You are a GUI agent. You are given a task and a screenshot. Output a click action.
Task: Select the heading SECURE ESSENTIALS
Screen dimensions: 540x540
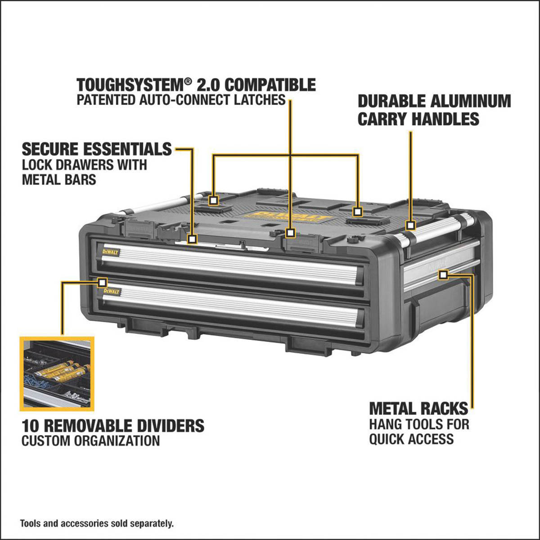point(97,149)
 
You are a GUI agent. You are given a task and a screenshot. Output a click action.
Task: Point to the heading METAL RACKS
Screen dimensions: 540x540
point(418,409)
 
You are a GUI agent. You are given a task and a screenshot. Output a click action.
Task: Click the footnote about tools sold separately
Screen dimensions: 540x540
point(96,523)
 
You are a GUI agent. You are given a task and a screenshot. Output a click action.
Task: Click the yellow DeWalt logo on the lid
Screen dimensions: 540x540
point(292,217)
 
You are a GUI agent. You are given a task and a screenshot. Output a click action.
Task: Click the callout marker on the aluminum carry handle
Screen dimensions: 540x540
point(410,225)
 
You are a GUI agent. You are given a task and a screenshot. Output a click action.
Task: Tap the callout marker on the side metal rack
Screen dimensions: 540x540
point(443,274)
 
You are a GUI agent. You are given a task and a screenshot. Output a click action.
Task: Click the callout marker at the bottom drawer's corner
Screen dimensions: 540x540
point(102,282)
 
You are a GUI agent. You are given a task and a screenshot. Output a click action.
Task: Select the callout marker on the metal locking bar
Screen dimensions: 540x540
point(193,238)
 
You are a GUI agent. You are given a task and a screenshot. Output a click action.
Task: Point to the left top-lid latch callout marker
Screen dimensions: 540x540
point(213,200)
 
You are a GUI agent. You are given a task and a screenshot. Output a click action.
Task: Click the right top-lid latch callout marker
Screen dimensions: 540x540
point(358,211)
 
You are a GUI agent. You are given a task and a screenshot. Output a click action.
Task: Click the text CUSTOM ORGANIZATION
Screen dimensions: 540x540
point(90,441)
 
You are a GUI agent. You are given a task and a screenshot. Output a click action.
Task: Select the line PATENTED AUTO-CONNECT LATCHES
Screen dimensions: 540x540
point(181,99)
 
